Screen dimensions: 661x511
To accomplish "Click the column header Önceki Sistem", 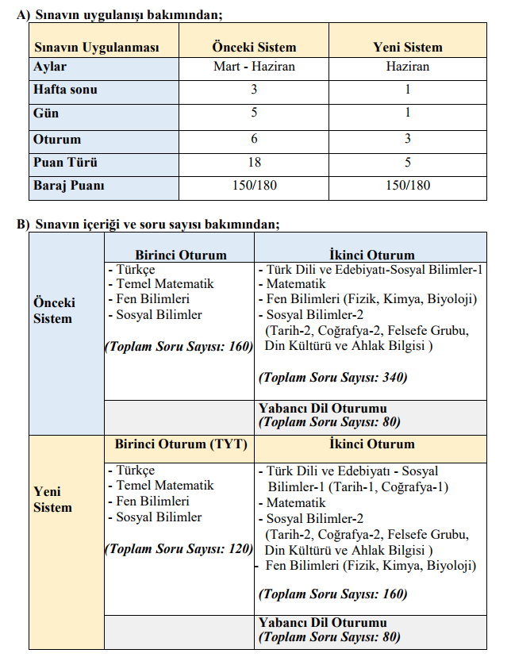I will click(x=254, y=47).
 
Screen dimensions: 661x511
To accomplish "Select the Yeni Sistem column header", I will click(x=408, y=47).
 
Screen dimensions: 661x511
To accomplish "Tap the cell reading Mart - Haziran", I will click(x=254, y=67).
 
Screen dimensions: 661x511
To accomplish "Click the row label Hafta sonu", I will click(x=65, y=90).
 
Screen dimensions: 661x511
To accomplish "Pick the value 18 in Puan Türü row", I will click(x=254, y=163).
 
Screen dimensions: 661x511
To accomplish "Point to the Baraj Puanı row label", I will click(x=69, y=186).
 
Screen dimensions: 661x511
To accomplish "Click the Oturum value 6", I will click(x=254, y=140).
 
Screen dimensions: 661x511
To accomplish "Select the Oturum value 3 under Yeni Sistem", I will click(x=408, y=140).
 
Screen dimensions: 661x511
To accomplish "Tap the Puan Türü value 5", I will click(x=408, y=163).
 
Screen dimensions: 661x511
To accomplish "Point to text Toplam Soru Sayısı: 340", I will click(x=332, y=378).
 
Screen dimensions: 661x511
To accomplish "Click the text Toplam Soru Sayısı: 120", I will click(x=179, y=548).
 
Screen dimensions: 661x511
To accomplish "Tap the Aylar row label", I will click(x=50, y=67).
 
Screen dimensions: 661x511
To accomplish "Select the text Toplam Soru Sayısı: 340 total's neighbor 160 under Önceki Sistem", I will click(x=179, y=346).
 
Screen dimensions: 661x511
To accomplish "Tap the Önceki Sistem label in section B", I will click(x=54, y=311).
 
